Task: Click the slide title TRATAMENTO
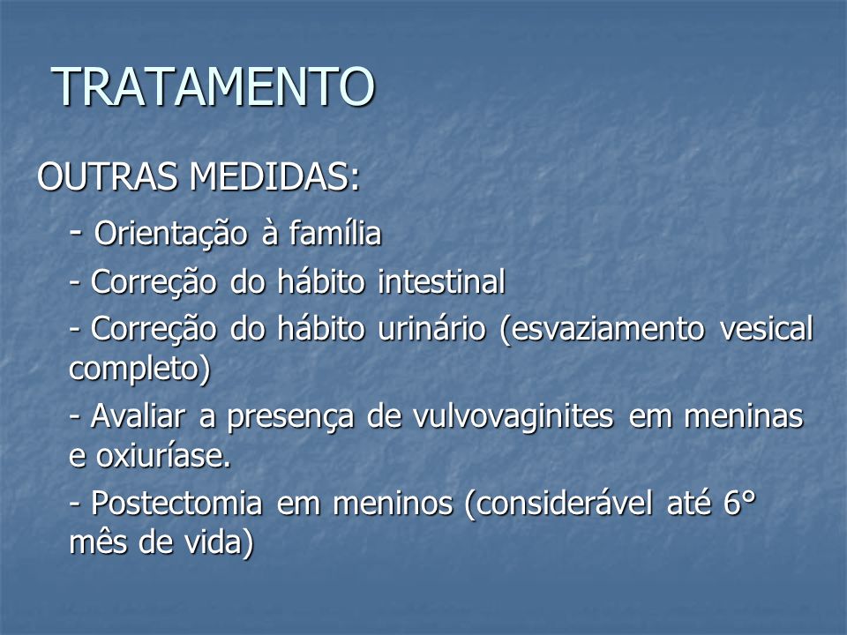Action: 213,86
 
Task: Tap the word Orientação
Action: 170,234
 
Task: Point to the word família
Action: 335,233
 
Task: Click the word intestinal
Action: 441,281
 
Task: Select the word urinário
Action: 431,328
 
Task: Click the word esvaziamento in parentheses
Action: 603,329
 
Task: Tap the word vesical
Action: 767,328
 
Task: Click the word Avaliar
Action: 138,416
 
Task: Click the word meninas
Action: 744,416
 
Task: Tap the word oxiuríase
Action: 163,456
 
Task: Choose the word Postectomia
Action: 176,504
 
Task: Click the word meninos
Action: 393,504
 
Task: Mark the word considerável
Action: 558,504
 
